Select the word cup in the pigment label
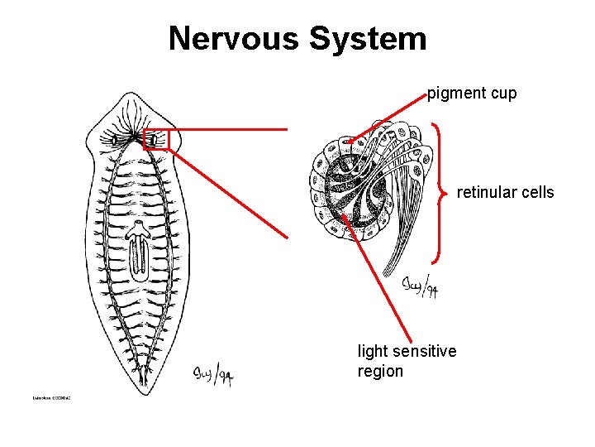pos(503,94)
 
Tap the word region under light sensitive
pos(380,371)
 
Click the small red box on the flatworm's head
pos(155,140)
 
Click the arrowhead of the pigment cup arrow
pos(350,143)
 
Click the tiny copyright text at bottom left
pos(51,398)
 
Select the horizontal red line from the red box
pos(227,130)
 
